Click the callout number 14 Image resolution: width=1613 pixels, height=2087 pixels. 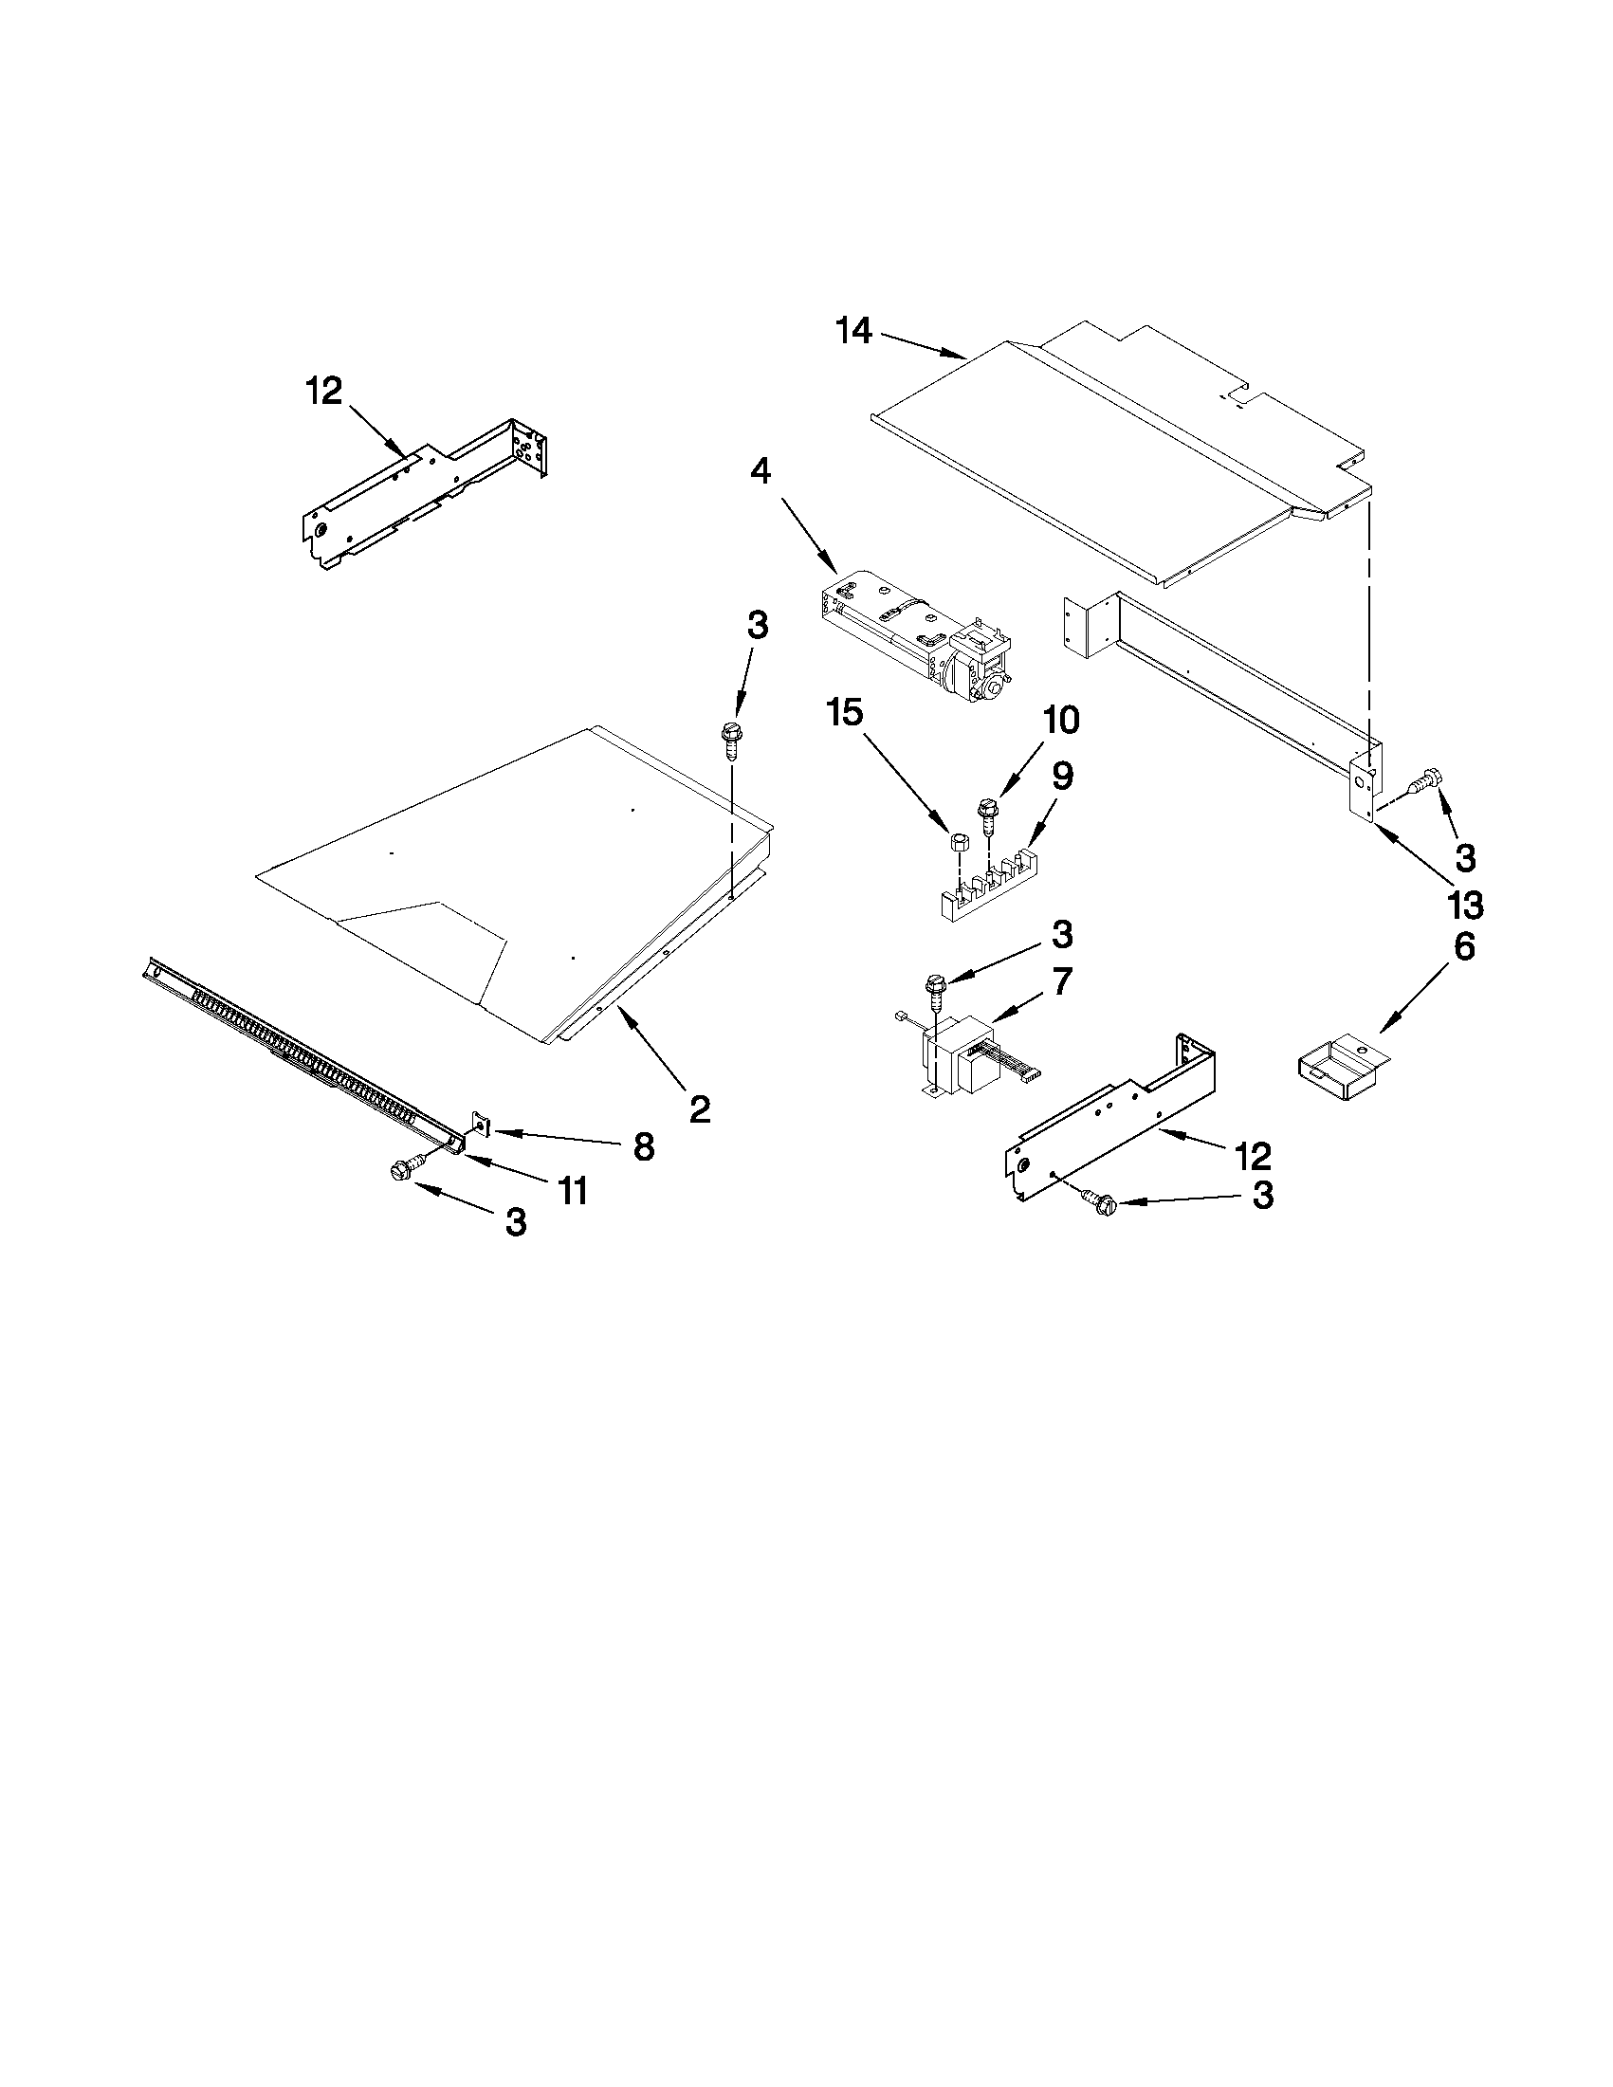click(x=853, y=332)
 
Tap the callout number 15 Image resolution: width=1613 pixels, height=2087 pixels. click(x=847, y=712)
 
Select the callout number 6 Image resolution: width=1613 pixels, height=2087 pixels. click(x=1464, y=946)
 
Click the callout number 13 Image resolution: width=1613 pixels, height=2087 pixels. click(x=1465, y=903)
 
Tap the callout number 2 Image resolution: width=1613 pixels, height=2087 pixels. click(x=700, y=1108)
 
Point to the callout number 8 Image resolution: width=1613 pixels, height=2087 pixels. click(x=644, y=1146)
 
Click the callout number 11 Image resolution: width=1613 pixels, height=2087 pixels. click(x=573, y=1191)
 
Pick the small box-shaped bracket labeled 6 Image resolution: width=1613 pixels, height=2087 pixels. click(x=1342, y=1073)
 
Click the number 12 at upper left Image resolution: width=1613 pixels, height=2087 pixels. click(x=324, y=391)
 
